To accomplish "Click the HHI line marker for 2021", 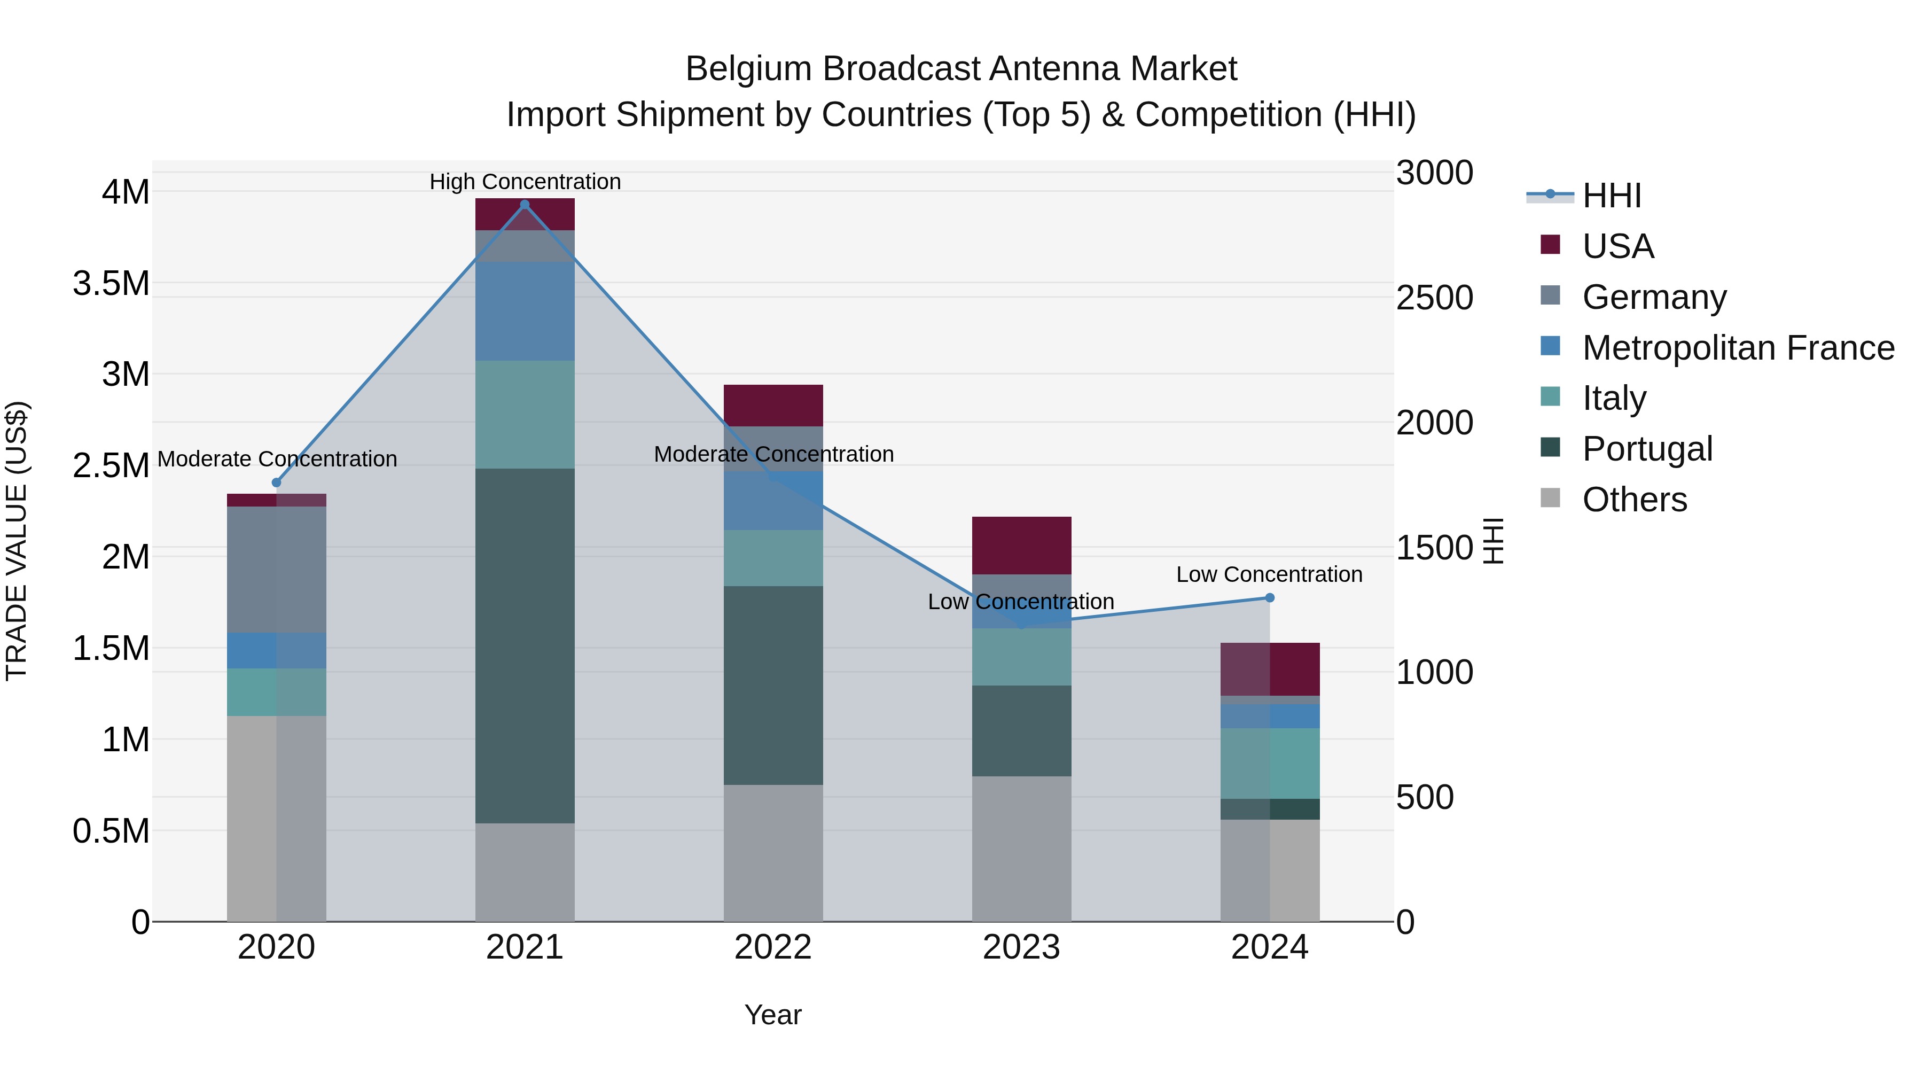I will click(525, 205).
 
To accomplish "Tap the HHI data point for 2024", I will click(1269, 597).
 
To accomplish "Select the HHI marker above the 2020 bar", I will click(276, 482).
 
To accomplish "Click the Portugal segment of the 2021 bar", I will click(525, 646).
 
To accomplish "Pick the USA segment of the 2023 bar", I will click(1021, 545).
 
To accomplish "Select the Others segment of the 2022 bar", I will click(773, 853).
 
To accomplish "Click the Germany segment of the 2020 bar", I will click(276, 569).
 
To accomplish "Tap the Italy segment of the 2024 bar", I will click(1269, 763).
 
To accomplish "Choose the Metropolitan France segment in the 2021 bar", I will click(525, 312).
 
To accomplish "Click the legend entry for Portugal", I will click(1647, 449).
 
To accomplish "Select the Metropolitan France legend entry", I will click(1738, 348).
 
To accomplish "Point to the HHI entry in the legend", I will click(1611, 196).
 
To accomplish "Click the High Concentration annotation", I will click(525, 182).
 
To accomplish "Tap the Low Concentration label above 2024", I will click(1269, 574).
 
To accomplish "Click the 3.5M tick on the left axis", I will click(111, 284).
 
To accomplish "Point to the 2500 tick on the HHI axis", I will click(1434, 298).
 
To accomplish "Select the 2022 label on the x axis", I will click(773, 947).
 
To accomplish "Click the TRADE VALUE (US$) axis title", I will click(17, 541).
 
